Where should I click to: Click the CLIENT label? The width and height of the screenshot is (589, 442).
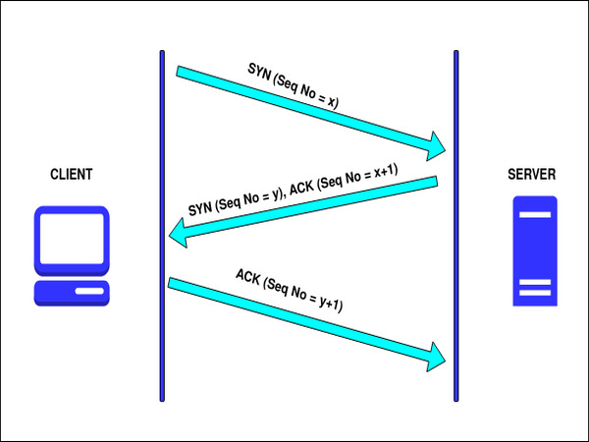coord(72,175)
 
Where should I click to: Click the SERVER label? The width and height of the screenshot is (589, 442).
coord(531,175)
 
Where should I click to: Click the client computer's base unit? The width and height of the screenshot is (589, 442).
coord(72,293)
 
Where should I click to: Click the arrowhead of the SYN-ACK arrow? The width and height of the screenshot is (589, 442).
coord(180,235)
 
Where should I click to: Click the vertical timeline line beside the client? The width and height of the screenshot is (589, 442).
coord(162,225)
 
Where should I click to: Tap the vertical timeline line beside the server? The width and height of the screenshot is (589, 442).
coord(456,225)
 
